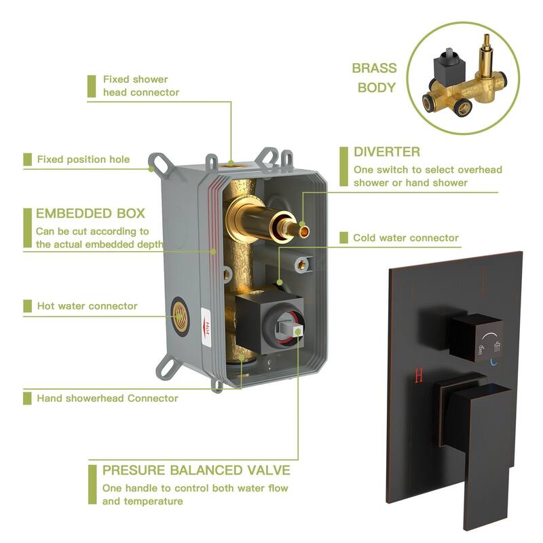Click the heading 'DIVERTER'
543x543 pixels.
[387, 151]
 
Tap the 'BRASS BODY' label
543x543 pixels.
[374, 77]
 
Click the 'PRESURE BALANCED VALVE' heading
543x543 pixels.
[196, 470]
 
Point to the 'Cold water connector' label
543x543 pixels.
[406, 238]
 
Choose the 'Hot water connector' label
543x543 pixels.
[87, 306]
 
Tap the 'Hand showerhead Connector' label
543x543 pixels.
[107, 398]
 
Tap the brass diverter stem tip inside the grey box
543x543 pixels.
[303, 231]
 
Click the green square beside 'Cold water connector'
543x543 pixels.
[343, 238]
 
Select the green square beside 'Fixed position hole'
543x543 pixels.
[27, 160]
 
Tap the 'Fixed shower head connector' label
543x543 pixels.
[141, 86]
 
